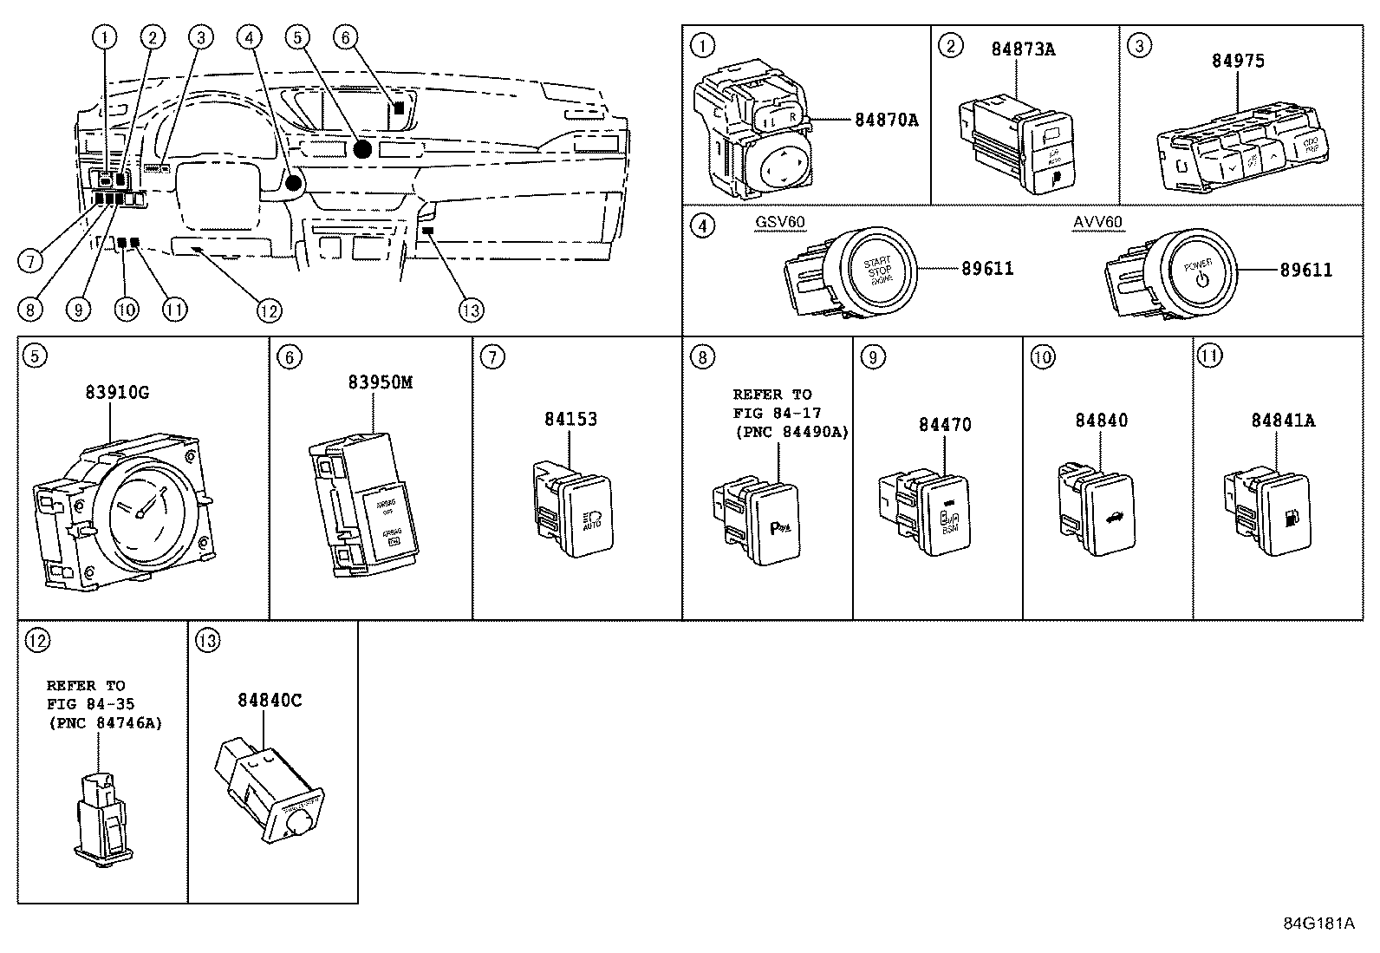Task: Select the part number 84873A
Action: pos(1024,49)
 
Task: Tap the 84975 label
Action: pos(1238,61)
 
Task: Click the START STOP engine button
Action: pos(879,271)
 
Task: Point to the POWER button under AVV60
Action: pos(1199,271)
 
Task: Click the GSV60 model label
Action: pos(779,222)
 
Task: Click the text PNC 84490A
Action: pos(791,432)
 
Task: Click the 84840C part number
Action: pos(270,700)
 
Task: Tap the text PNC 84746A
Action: pos(105,722)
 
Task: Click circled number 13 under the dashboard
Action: pos(472,310)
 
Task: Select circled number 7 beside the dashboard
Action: pos(30,259)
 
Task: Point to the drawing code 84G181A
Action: pos(1319,923)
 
